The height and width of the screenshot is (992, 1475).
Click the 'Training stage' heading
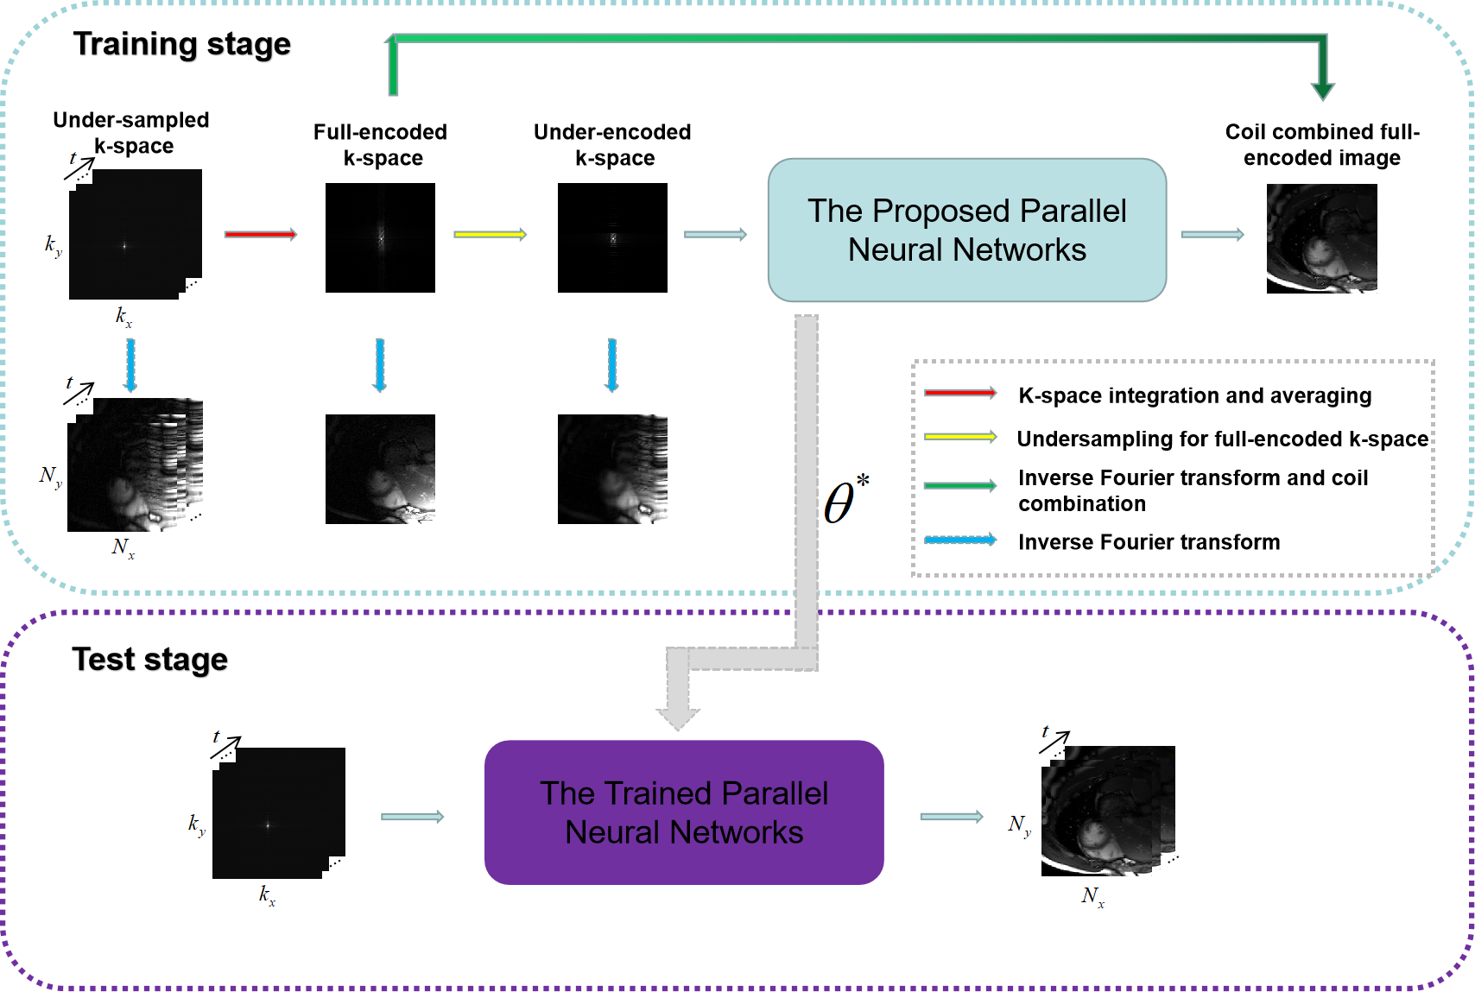click(x=181, y=44)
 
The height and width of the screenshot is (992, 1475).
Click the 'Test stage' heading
click(x=149, y=660)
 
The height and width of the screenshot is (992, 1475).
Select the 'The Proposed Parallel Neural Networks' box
click(x=966, y=231)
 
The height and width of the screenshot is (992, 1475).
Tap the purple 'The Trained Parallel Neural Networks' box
click(x=684, y=812)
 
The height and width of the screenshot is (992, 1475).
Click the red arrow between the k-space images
click(x=260, y=234)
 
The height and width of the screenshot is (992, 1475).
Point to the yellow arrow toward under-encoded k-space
click(x=490, y=234)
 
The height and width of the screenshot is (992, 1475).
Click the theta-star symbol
click(x=845, y=501)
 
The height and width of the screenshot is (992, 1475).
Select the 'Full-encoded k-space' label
click(x=380, y=145)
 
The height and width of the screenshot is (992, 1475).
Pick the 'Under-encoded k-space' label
click(x=612, y=145)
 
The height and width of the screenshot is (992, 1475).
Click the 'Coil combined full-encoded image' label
click(x=1322, y=145)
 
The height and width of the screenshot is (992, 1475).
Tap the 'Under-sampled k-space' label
click(x=131, y=132)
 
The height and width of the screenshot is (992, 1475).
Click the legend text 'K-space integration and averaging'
click(x=1194, y=395)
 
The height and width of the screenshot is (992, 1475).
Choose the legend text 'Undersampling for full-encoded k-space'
click(x=1222, y=439)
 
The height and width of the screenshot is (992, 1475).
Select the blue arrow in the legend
click(x=959, y=540)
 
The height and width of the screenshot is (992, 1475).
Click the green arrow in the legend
click(x=959, y=486)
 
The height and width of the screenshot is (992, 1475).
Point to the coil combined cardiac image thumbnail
click(x=1321, y=238)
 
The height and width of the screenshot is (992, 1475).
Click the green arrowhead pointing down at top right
click(x=1322, y=90)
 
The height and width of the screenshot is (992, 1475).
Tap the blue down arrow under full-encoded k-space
click(x=379, y=365)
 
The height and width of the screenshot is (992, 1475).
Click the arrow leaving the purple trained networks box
click(x=951, y=817)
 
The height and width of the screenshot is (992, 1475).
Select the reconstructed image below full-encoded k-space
click(x=380, y=469)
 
